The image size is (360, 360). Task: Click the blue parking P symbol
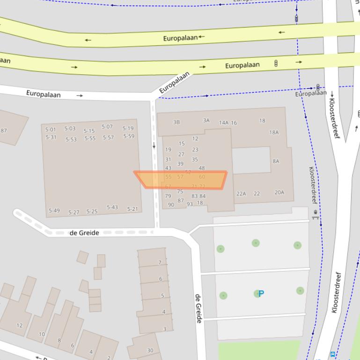261,294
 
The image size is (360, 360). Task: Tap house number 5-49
54,211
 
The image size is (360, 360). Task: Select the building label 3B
176,122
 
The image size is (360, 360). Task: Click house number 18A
274,132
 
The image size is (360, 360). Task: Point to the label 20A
279,192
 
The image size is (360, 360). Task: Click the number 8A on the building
276,161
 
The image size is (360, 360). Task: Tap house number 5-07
107,127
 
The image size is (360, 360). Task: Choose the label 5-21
132,209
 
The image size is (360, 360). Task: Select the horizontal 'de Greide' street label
84,232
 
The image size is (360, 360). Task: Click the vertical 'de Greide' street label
198,308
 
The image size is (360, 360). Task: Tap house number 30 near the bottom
150,350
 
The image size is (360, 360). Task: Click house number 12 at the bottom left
19,325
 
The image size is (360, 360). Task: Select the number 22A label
241,194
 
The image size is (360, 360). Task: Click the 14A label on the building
224,123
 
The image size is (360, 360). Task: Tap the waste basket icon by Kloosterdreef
316,214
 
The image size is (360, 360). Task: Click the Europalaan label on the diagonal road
175,83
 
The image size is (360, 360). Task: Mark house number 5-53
71,139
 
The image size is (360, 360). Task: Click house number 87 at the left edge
4,130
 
